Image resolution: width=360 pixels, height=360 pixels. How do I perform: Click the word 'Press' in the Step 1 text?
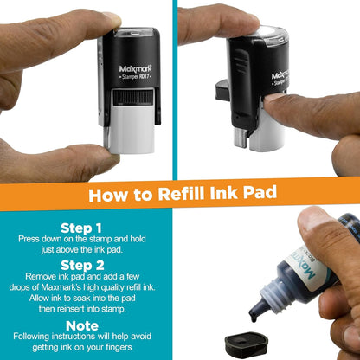click(38, 235)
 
